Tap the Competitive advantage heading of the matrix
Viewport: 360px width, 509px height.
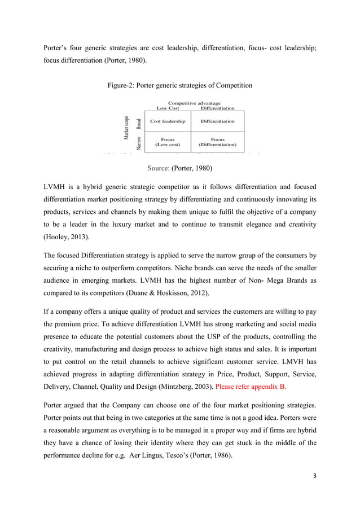tap(194, 103)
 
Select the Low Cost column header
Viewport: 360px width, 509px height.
tap(167, 108)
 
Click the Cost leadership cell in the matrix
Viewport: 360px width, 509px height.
tap(168, 121)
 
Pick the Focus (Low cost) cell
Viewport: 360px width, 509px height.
tap(168, 142)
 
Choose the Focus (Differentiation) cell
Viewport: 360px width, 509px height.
tap(217, 142)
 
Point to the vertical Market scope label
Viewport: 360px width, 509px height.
tap(127, 129)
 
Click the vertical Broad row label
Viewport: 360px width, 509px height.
tap(139, 121)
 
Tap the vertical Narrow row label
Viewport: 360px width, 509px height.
tap(139, 142)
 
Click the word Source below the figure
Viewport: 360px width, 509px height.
tap(158, 168)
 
